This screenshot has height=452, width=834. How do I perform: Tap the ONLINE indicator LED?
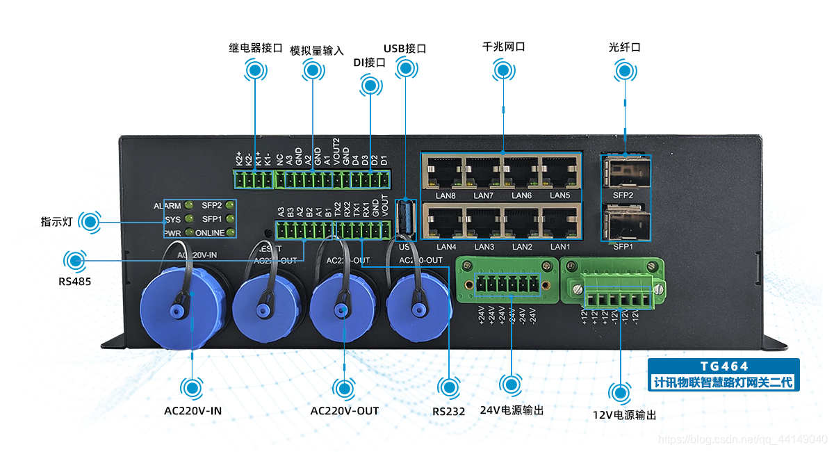pyautogui.click(x=230, y=232)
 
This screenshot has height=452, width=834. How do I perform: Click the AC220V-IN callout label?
pyautogui.click(x=193, y=410)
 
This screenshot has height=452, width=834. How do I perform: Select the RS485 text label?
pyautogui.click(x=74, y=282)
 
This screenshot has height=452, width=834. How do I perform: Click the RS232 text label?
pyautogui.click(x=448, y=411)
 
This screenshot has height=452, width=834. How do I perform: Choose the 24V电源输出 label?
pyautogui.click(x=512, y=410)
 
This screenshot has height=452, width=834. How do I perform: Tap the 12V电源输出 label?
pyautogui.click(x=623, y=415)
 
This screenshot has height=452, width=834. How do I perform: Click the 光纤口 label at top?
pyautogui.click(x=623, y=47)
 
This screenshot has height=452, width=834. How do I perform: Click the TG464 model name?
pyautogui.click(x=723, y=366)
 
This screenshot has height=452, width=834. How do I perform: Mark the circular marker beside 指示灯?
pyautogui.click(x=89, y=222)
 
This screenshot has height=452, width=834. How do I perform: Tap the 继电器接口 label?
pyautogui.click(x=255, y=49)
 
